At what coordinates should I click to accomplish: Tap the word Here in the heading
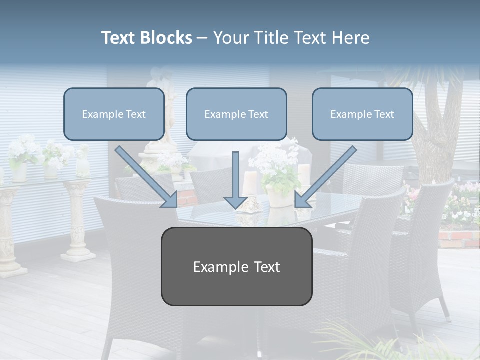[351, 38]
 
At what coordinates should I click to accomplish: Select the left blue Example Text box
[114, 114]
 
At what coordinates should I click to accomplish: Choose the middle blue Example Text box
[236, 114]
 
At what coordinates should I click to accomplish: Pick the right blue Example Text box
[362, 114]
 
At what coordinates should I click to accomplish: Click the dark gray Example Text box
[236, 266]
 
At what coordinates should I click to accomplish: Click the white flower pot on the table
[278, 196]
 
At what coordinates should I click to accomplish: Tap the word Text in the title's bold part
[120, 38]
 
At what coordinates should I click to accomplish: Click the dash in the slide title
[202, 38]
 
